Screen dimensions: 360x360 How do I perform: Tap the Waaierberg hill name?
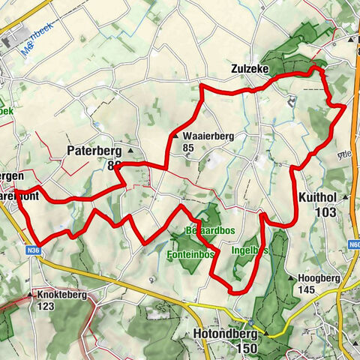click(208, 136)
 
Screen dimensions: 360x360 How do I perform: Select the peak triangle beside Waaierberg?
click(175, 136)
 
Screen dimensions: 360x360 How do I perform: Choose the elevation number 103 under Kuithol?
click(326, 212)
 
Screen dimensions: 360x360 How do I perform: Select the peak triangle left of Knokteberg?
click(31, 295)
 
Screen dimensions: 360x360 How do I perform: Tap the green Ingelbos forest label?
click(250, 250)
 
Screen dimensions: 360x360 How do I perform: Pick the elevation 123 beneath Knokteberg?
click(48, 307)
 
